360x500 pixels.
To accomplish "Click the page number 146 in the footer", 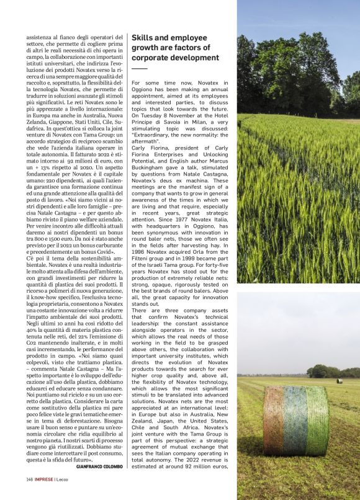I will click(29, 480).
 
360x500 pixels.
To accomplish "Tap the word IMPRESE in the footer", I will click(43, 480).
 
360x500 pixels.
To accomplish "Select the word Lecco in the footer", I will click(62, 480).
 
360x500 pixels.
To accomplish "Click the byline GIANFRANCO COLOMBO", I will click(99, 466).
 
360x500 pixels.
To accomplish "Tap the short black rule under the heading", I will click(139, 69).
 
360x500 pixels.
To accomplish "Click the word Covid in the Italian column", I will click(106, 252).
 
